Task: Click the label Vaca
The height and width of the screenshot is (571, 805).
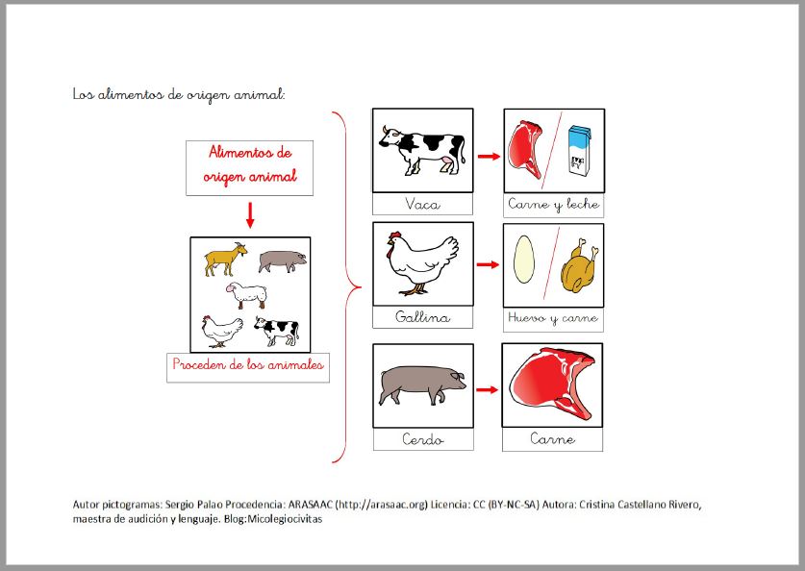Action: point(422,204)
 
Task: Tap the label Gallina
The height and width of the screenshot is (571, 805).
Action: point(422,316)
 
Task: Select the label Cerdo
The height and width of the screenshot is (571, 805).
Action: point(423,439)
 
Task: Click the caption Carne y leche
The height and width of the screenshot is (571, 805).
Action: point(553,204)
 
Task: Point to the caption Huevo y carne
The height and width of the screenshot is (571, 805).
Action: point(553,318)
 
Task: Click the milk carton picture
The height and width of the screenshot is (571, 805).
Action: point(579,151)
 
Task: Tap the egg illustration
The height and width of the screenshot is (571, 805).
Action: point(523,260)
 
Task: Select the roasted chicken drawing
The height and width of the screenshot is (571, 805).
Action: point(580,265)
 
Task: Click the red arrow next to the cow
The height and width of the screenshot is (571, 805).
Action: point(489,157)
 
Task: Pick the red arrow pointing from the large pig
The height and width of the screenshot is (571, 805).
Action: point(488,390)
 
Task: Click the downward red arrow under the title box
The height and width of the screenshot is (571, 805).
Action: point(250,215)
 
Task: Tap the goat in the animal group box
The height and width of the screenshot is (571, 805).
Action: point(226,259)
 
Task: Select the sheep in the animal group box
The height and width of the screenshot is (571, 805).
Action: point(246,295)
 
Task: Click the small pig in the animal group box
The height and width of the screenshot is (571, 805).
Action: point(283,261)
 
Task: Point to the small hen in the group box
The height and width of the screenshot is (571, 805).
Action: point(222,332)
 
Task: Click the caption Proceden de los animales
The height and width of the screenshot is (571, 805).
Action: point(248,364)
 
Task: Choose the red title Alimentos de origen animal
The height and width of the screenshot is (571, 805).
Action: point(250,164)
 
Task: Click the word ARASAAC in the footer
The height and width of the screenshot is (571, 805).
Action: point(310,505)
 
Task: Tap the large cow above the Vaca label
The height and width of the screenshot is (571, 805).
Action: point(422,150)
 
